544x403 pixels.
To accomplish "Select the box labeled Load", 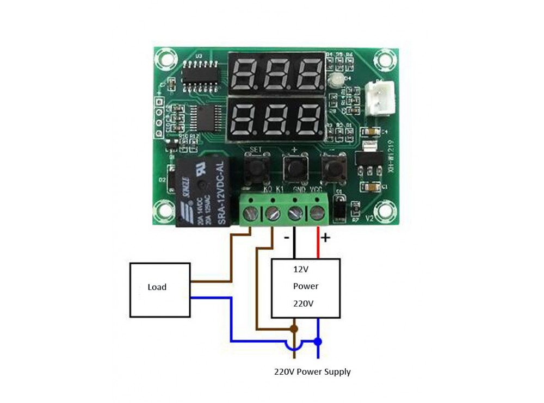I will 159,287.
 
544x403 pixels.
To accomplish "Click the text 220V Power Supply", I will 312,372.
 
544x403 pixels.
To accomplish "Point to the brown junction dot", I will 294,328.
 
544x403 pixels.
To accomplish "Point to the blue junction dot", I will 318,342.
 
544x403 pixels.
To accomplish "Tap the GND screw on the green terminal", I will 294,213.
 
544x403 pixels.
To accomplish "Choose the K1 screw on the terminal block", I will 272,213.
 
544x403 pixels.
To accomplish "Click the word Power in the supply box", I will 306,286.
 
